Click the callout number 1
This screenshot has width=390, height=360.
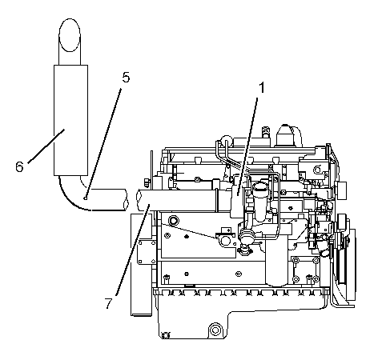[x=263, y=87]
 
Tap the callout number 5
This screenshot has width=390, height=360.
[x=126, y=78]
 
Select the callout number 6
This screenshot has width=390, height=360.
[x=19, y=167]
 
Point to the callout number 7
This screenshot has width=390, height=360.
[x=108, y=303]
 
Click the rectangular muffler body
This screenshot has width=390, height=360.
[x=70, y=120]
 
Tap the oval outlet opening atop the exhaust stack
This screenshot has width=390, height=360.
[x=70, y=35]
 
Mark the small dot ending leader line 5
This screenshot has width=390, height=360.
[x=85, y=198]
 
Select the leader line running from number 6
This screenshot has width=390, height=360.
[x=46, y=146]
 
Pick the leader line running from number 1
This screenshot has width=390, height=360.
[x=247, y=146]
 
